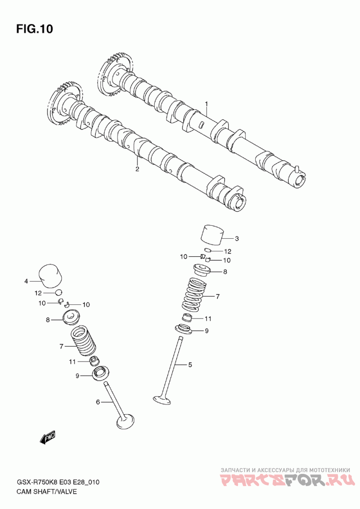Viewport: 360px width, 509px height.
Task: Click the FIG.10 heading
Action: click(35, 29)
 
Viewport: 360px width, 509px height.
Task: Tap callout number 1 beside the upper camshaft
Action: click(206, 103)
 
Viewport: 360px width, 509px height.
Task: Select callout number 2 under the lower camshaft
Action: click(137, 169)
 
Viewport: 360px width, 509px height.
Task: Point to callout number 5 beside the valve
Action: click(190, 365)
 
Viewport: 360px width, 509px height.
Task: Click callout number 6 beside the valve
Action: click(98, 402)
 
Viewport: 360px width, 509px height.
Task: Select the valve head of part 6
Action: click(125, 422)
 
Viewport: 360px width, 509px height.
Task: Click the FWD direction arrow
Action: click(48, 438)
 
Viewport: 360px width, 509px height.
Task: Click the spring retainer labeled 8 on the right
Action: click(202, 270)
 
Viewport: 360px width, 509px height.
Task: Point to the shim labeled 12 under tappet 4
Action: click(58, 292)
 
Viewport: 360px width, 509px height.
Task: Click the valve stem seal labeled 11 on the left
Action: click(94, 360)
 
